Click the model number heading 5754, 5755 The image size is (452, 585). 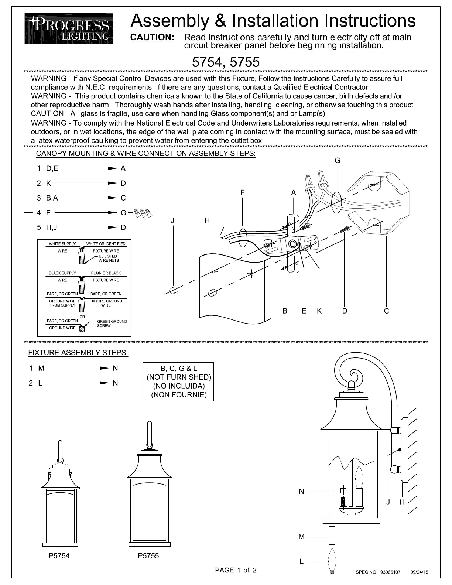[x=226, y=62]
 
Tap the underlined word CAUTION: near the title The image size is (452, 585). [x=153, y=37]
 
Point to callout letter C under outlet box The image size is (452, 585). [x=386, y=311]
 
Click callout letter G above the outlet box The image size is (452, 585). [x=337, y=161]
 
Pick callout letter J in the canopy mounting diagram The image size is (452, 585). [x=172, y=221]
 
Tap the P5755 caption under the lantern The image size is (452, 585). [x=148, y=556]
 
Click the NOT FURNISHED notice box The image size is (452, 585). [x=178, y=382]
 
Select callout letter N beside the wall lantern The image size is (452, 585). [x=301, y=492]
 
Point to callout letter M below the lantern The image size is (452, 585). [x=301, y=537]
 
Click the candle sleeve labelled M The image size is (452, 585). [x=332, y=536]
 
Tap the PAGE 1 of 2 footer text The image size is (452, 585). [x=236, y=570]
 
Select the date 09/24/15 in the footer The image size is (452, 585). [x=419, y=572]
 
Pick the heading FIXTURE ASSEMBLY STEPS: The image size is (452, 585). [x=78, y=353]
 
